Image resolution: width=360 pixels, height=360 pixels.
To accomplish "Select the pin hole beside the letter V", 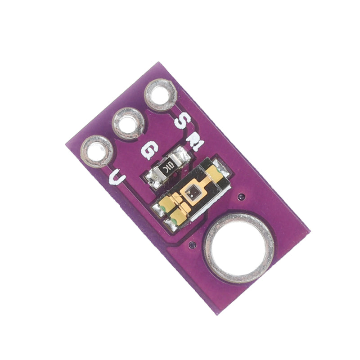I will [97, 151].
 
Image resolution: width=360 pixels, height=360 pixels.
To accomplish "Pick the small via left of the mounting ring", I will [192, 245].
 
